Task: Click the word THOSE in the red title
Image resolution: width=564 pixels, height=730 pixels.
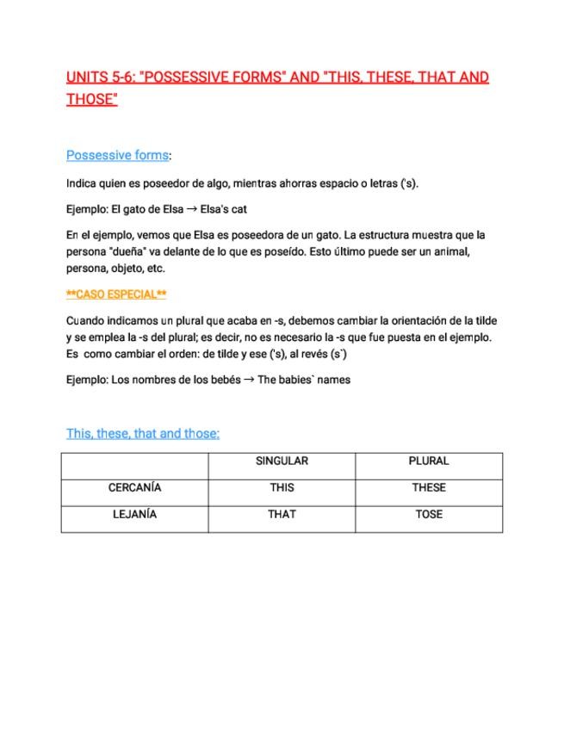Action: [90, 99]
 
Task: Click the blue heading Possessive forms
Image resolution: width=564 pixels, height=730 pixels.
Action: [117, 156]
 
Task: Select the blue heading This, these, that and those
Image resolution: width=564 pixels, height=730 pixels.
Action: [143, 434]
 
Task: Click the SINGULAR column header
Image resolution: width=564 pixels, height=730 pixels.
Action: [282, 461]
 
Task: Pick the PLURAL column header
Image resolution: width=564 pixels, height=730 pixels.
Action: [428, 461]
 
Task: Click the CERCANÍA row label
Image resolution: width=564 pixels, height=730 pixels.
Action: [134, 488]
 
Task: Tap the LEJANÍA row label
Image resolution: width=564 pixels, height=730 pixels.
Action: [134, 515]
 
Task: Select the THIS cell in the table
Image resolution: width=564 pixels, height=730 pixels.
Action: [282, 488]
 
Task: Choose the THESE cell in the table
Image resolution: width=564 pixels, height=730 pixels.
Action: [428, 488]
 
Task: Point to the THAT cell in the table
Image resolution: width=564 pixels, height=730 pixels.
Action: [282, 515]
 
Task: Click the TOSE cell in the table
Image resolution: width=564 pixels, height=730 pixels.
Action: [428, 515]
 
